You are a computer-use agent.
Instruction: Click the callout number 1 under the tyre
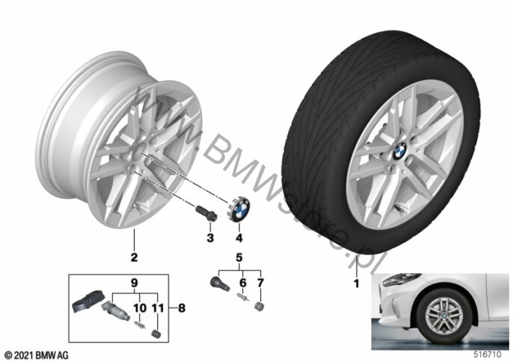tap(357, 283)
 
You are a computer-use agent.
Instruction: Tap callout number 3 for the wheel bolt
tap(210, 238)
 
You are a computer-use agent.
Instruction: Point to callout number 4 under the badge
tap(239, 238)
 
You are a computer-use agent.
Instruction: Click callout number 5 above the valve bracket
tap(239, 259)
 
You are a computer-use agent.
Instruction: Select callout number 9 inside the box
tap(134, 283)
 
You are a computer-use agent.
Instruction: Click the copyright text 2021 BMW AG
tap(36, 353)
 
